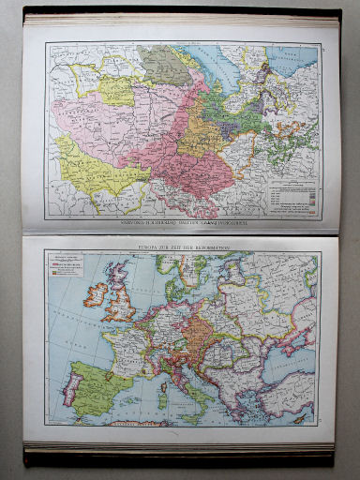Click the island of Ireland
97,294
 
